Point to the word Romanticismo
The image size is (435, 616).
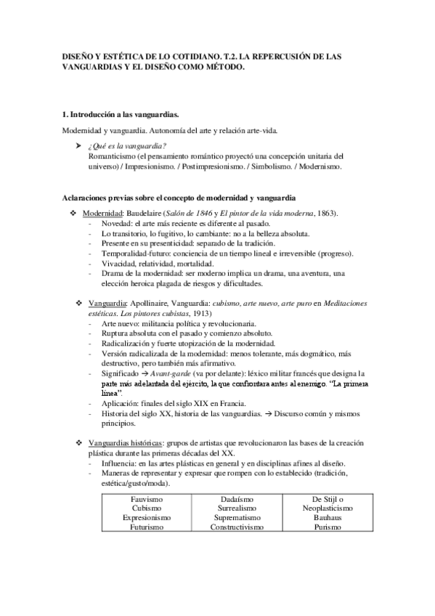(113, 156)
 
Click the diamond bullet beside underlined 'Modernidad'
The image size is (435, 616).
(73, 212)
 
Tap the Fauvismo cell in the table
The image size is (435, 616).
(146, 500)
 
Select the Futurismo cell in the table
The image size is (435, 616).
(146, 528)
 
